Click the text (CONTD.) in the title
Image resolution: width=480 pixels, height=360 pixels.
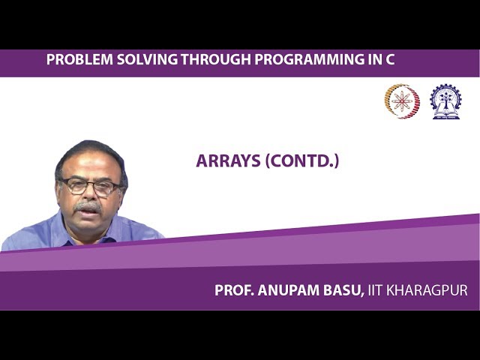pyautogui.click(x=301, y=161)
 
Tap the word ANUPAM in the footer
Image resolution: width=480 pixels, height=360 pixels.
pyautogui.click(x=289, y=290)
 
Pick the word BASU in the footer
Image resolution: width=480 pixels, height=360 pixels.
pyautogui.click(x=344, y=290)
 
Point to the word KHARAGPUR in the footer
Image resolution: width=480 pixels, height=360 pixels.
pyautogui.click(x=428, y=290)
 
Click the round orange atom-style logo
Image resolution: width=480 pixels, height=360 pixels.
pyautogui.click(x=402, y=101)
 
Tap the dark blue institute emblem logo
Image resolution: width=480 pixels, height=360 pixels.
pyautogui.click(x=445, y=101)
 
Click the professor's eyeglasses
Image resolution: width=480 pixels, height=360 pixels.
pyautogui.click(x=89, y=185)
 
